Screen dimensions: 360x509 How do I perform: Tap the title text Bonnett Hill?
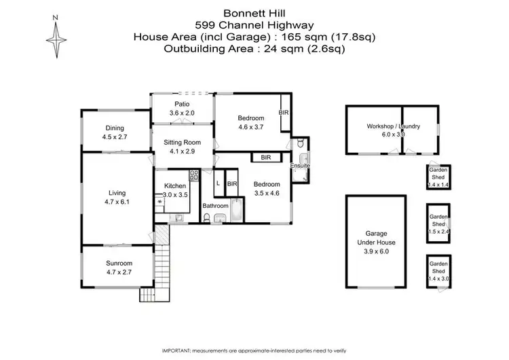pyautogui.click(x=254, y=13)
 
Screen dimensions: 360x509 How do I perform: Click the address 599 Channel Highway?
pyautogui.click(x=254, y=24)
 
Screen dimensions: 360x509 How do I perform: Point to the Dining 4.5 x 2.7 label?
pyautogui.click(x=115, y=132)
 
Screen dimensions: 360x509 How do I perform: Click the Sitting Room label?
pyautogui.click(x=181, y=147)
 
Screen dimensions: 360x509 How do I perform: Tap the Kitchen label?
pyautogui.click(x=174, y=190)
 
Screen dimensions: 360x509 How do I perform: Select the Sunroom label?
pyautogui.click(x=119, y=267)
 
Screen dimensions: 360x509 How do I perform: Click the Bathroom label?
pyautogui.click(x=214, y=206)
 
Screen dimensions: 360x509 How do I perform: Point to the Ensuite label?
pyautogui.click(x=299, y=166)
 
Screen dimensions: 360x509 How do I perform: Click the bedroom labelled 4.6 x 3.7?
pyautogui.click(x=250, y=122)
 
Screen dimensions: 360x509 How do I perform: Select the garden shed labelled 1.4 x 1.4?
pyautogui.click(x=438, y=179)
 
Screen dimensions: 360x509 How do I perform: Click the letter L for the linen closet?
pyautogui.click(x=218, y=183)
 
